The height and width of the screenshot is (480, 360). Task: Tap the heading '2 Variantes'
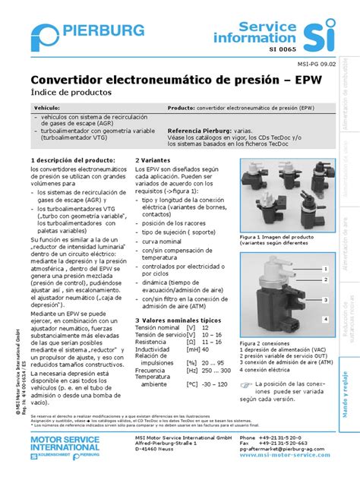[x=153, y=161]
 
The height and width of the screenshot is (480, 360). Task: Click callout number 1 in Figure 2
[x=324, y=268]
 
